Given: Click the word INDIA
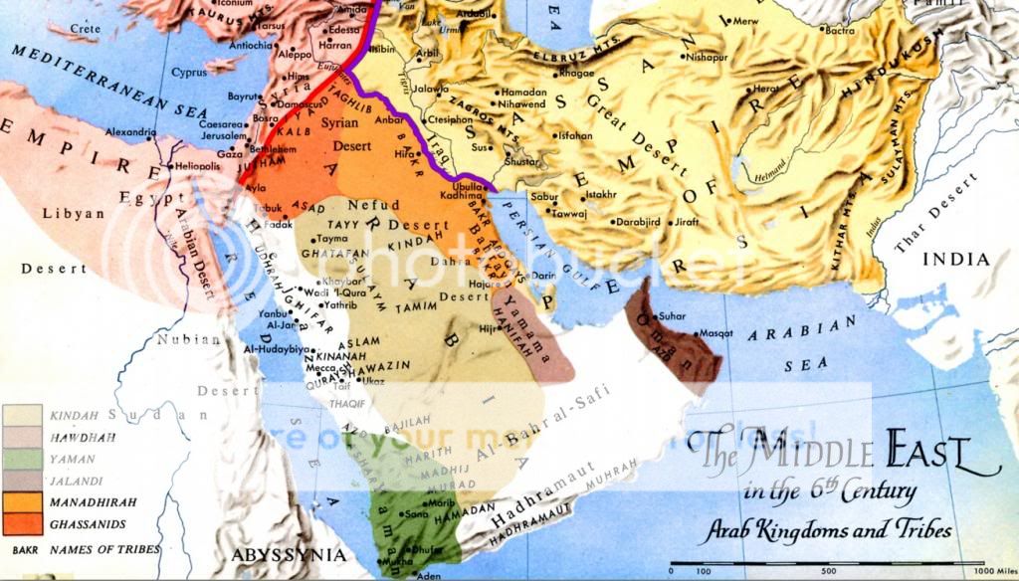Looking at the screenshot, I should coord(956,260).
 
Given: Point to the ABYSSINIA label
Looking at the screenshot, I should coord(289,555).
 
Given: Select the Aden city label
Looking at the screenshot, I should coord(428,574).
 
